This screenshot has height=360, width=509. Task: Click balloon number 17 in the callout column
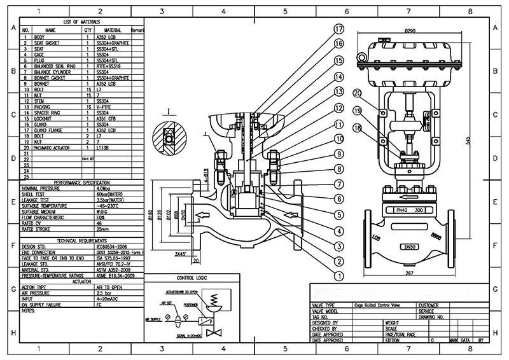tap(339, 29)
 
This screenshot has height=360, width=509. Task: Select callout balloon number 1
tap(339, 276)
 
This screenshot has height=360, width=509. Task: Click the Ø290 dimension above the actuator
tap(408, 31)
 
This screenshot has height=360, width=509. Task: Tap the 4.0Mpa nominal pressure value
tap(105, 188)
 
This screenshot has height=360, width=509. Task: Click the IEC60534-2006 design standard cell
tap(112, 246)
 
